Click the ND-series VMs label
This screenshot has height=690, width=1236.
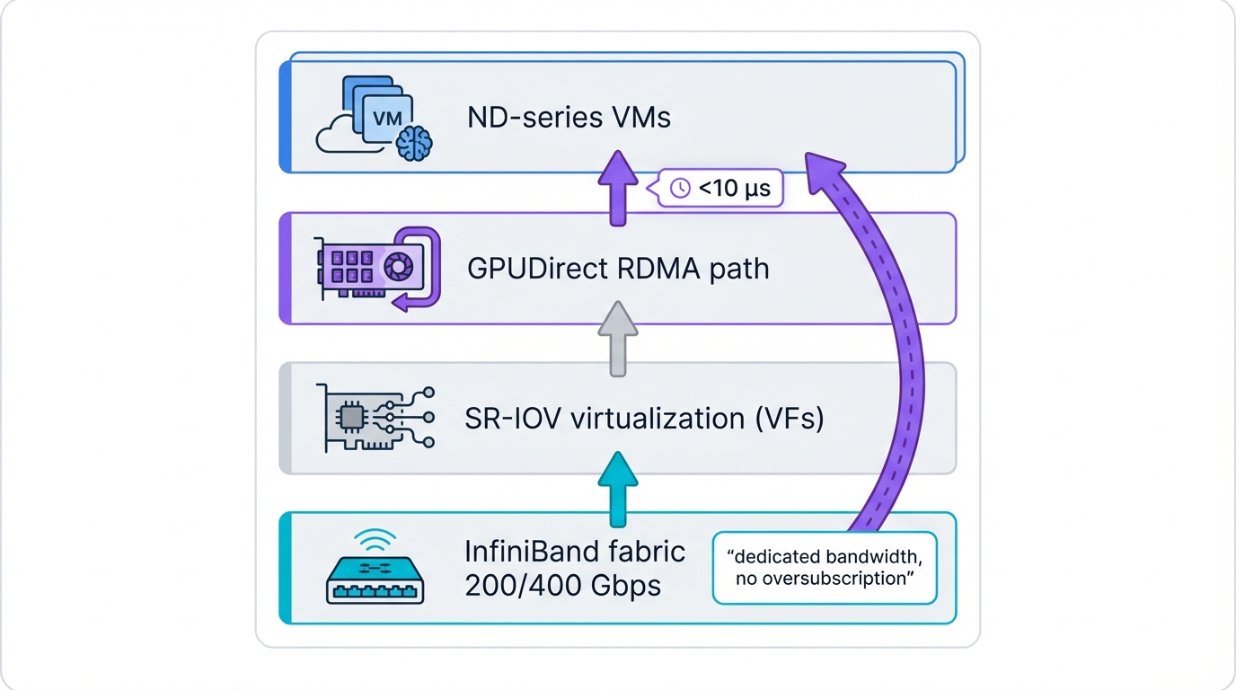(x=569, y=118)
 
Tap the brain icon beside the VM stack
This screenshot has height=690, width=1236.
(x=414, y=144)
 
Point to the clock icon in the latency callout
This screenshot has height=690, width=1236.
(x=681, y=188)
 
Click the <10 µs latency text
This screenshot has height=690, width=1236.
(x=734, y=189)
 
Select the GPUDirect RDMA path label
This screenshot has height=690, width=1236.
(x=618, y=268)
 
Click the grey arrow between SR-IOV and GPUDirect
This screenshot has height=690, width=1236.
(x=617, y=338)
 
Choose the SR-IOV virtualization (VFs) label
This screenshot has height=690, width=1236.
(x=644, y=418)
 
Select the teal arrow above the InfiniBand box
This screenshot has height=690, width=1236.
(x=617, y=488)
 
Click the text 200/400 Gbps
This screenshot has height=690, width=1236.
(x=562, y=586)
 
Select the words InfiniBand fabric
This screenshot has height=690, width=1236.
(x=575, y=551)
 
